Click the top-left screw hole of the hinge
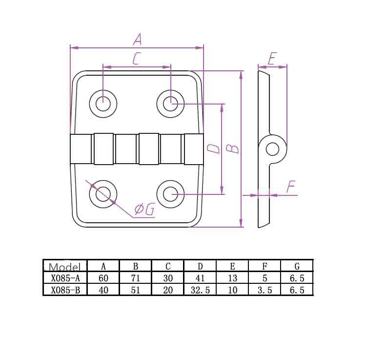103,104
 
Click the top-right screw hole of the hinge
170,104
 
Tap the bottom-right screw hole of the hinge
170,194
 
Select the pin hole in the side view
272,149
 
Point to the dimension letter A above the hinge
138,39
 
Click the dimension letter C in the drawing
137,59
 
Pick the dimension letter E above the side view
272,59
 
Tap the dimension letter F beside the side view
291,187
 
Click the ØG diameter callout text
144,209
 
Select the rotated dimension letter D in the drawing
214,149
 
